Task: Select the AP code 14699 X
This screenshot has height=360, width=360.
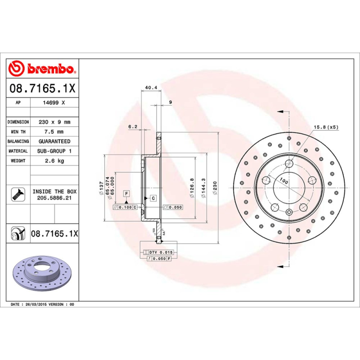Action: coord(54,103)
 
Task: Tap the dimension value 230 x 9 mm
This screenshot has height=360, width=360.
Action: coord(54,122)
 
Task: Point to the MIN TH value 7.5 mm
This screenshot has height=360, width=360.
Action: coord(54,132)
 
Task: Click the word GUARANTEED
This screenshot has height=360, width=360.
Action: coord(54,141)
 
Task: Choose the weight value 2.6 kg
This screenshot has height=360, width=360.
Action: coord(54,161)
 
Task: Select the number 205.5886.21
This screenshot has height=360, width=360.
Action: coord(54,198)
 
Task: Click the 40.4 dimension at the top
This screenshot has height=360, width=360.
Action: coord(151,88)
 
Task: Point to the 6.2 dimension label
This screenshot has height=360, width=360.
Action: coord(132,127)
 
